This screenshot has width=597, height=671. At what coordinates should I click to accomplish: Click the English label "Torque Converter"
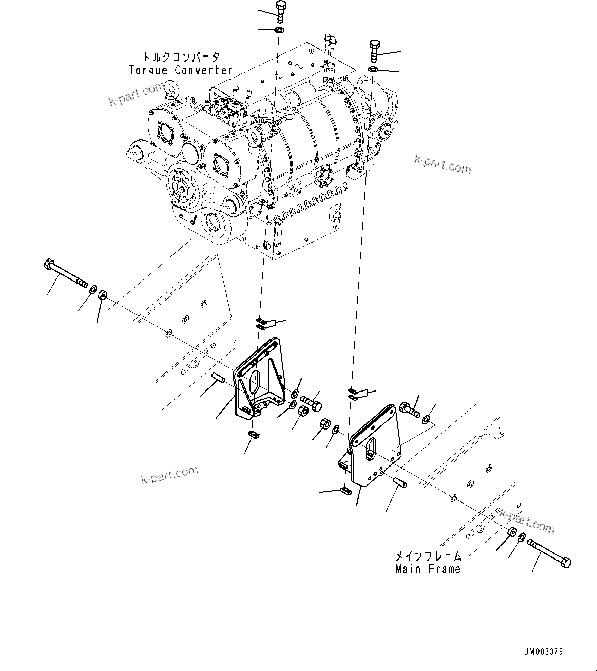coord(181,70)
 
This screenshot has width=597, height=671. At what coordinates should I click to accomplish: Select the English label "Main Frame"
coord(428,569)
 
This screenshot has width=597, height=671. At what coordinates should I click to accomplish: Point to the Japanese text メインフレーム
coord(428,556)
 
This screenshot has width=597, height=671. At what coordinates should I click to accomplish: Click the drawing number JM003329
coord(543,651)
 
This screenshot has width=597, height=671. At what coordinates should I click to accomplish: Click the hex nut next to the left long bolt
coord(102,295)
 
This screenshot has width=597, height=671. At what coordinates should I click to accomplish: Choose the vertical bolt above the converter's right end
coord(374,50)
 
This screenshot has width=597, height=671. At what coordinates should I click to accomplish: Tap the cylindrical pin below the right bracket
coord(400,483)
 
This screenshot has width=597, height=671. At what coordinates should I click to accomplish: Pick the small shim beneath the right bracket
coord(345,491)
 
